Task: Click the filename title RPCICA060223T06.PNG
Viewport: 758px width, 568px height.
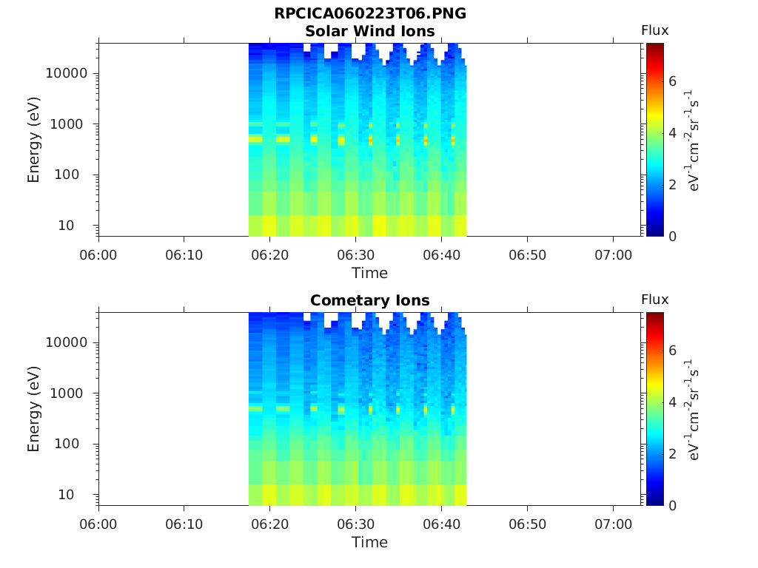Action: pyautogui.click(x=370, y=14)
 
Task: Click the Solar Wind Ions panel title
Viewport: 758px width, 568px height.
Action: pyautogui.click(x=370, y=31)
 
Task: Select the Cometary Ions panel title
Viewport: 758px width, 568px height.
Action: pyautogui.click(x=370, y=300)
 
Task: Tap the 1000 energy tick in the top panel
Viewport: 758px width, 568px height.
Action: pyautogui.click(x=72, y=124)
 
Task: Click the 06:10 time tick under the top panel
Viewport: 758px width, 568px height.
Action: pyautogui.click(x=184, y=255)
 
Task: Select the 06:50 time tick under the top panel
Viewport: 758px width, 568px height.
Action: pyautogui.click(x=527, y=255)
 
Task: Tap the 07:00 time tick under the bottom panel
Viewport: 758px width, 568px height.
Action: pyautogui.click(x=613, y=524)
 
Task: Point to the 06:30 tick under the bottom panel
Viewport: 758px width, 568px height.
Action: pyautogui.click(x=356, y=524)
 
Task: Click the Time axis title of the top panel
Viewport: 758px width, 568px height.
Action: pyautogui.click(x=370, y=273)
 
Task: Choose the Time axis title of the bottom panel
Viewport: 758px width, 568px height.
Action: pyautogui.click(x=370, y=542)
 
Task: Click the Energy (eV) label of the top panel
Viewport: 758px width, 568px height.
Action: pyautogui.click(x=34, y=140)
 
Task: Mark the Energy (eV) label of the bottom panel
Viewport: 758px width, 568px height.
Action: pyautogui.click(x=34, y=409)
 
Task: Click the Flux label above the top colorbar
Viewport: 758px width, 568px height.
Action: pyautogui.click(x=654, y=30)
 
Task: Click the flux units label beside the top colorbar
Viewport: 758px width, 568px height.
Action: pyautogui.click(x=693, y=140)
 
